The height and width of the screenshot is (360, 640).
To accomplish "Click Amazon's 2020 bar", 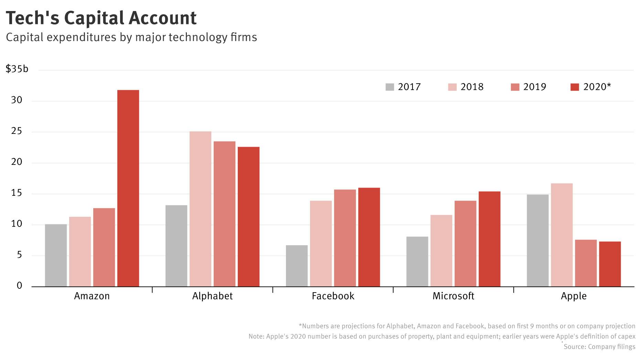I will pos(128,188).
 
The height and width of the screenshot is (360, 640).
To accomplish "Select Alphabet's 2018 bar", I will pos(200,209).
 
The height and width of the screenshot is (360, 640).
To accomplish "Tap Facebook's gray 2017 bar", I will pos(297,266).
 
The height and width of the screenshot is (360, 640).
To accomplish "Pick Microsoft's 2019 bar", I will pos(465,244).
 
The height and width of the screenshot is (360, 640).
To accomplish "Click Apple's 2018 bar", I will pos(562,235).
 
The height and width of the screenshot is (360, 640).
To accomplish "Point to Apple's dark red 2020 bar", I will pos(610,264).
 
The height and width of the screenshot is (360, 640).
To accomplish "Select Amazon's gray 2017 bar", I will pos(56,255).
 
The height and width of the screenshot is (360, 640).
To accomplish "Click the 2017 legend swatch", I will pos(390,87).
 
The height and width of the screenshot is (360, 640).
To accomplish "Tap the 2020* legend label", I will pos(597,87).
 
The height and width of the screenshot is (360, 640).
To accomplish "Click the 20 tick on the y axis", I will pos(17,162).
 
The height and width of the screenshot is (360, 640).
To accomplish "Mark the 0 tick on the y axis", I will pos(19,286).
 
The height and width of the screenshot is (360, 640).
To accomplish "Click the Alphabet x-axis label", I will pos(212,296).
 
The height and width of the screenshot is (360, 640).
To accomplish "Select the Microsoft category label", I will pos(453,296).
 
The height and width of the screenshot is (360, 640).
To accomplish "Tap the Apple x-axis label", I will pos(574,296).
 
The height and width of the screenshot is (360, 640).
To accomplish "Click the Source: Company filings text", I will pos(599,347).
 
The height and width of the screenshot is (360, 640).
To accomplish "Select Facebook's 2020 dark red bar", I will pos(369,237).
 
